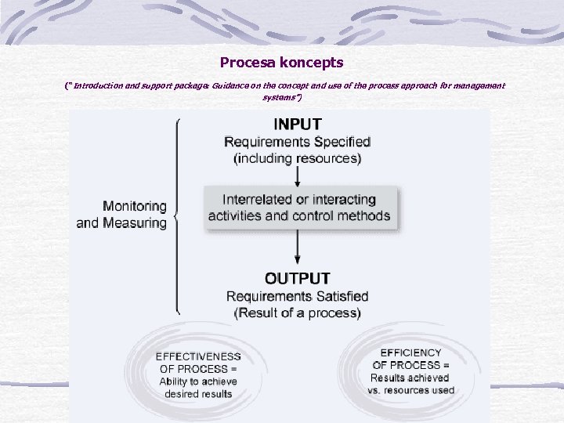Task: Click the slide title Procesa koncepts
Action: [281, 61]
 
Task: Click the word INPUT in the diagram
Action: [297, 124]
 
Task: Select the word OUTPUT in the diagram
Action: [297, 278]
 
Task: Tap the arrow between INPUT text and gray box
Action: [297, 175]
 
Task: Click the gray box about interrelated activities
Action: [299, 208]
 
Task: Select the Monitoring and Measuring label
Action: [122, 215]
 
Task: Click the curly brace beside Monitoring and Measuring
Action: [177, 215]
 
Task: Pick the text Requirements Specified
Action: [297, 142]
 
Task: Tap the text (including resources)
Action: [297, 158]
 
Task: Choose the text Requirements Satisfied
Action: [297, 296]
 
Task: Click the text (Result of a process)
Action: [297, 313]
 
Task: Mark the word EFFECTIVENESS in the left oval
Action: [198, 356]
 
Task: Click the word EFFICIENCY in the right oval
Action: [410, 353]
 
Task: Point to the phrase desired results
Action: [198, 394]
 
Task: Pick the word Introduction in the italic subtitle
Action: [95, 85]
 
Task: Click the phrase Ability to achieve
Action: [198, 381]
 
